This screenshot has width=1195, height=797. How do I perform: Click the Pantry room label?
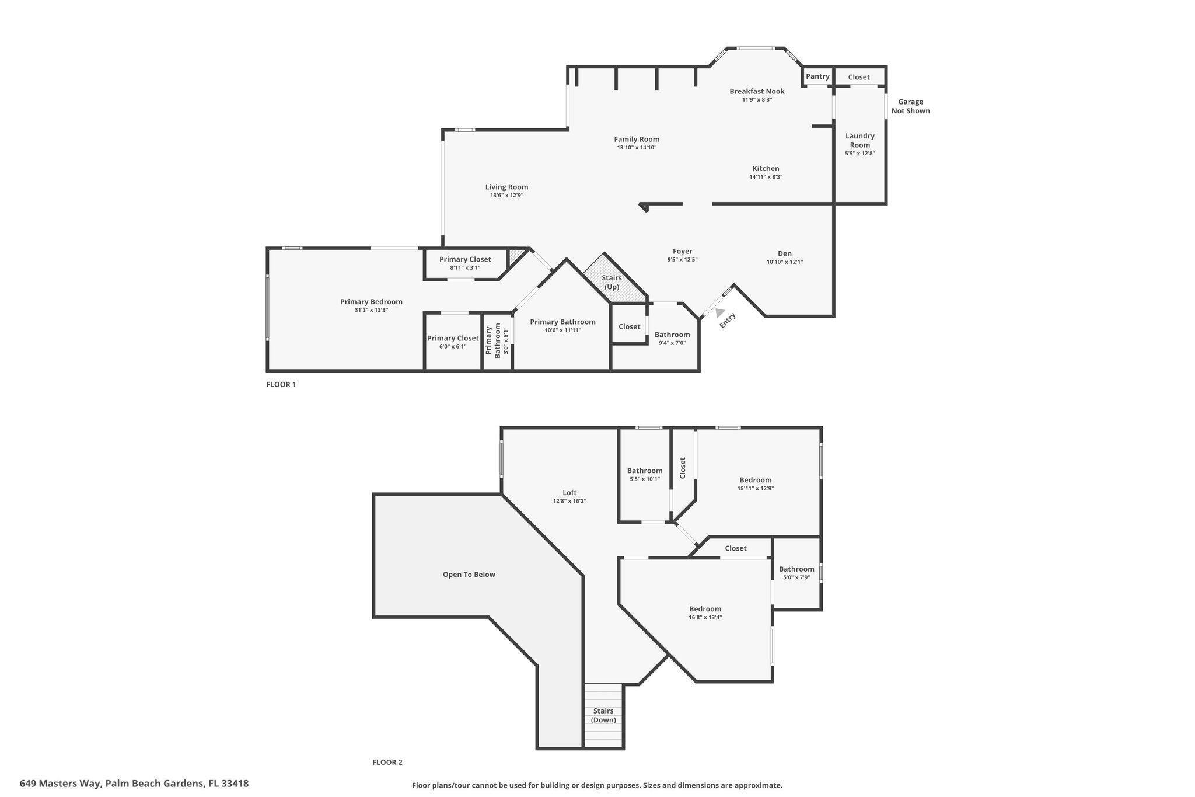click(x=817, y=76)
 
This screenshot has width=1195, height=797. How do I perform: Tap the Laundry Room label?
click(x=859, y=140)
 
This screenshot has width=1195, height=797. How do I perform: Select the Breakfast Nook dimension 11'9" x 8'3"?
click(x=757, y=100)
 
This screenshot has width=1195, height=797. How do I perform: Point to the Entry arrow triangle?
click(x=720, y=313)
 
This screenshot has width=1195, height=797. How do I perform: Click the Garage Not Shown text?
click(x=910, y=106)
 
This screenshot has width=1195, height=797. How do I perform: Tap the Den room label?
click(x=784, y=253)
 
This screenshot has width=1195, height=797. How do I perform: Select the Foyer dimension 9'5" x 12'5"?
click(x=682, y=260)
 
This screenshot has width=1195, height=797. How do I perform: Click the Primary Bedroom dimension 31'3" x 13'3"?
click(x=371, y=310)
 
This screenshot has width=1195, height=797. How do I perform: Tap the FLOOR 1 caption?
click(x=281, y=385)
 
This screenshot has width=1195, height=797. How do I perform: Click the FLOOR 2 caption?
click(x=387, y=762)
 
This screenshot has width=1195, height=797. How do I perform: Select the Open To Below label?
click(x=469, y=575)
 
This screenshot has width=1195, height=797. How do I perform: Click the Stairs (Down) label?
click(x=603, y=715)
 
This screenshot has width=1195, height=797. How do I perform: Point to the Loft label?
click(x=569, y=493)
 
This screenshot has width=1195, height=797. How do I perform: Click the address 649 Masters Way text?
click(x=134, y=784)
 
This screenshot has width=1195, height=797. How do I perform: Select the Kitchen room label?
click(x=766, y=169)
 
